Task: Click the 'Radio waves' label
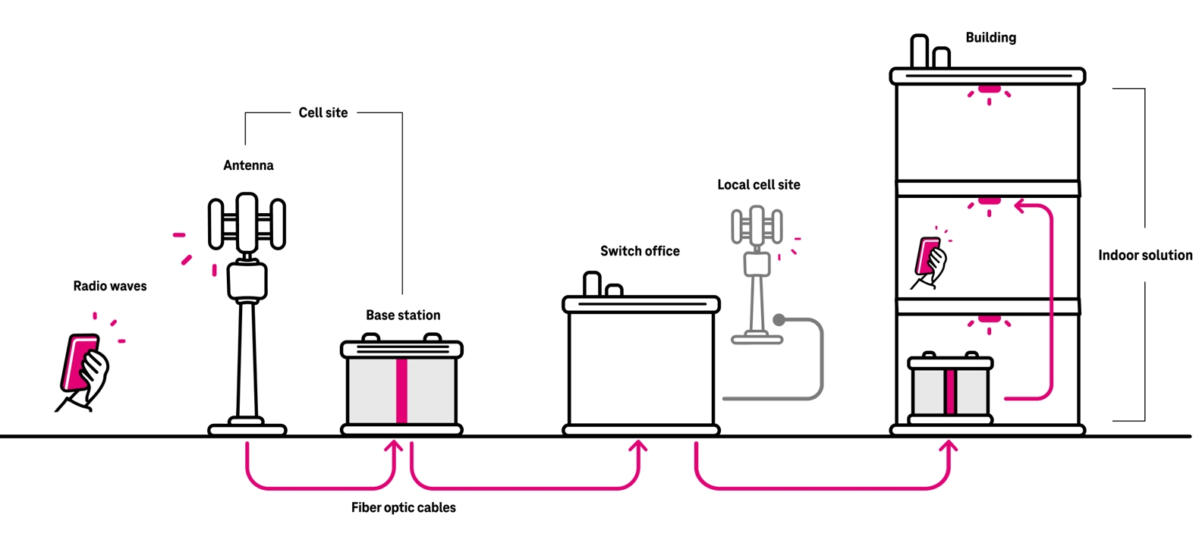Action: [110, 286]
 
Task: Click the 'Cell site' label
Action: [323, 112]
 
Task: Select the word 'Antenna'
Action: [248, 165]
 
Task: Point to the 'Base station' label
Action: [403, 315]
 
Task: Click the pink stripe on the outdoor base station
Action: [401, 391]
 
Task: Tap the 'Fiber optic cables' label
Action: [403, 507]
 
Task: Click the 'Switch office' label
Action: [640, 251]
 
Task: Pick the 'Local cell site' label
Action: [759, 184]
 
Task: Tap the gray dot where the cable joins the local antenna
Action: [779, 320]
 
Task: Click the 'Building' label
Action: [990, 37]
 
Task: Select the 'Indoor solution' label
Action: [1144, 255]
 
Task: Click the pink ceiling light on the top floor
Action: [988, 90]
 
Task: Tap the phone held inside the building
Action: [927, 259]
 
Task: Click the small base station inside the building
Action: [950, 387]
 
